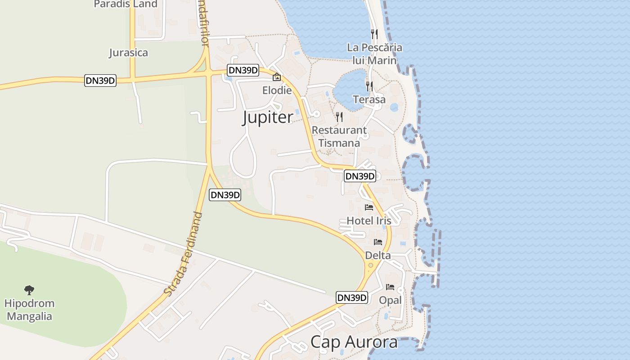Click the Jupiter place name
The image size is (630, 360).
click(x=268, y=117)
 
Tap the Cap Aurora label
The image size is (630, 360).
click(x=354, y=342)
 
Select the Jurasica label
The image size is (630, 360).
click(x=128, y=53)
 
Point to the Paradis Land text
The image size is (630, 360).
click(x=126, y=4)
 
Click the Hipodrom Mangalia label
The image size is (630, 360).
click(x=30, y=310)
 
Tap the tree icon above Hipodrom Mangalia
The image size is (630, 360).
click(x=29, y=290)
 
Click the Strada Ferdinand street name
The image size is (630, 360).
click(x=184, y=254)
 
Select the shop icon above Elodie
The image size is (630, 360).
click(x=277, y=77)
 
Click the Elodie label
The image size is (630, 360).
click(x=277, y=90)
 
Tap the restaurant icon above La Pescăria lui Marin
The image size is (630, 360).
click(x=374, y=34)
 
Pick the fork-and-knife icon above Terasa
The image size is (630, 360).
click(x=369, y=86)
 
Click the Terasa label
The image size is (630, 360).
click(x=369, y=99)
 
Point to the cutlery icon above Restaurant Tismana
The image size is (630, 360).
click(x=339, y=117)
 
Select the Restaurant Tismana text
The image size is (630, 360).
click(x=339, y=136)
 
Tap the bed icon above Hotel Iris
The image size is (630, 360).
click(x=369, y=207)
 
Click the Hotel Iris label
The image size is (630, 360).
click(x=369, y=220)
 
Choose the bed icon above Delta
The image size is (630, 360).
click(x=378, y=242)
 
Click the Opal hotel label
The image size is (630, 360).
click(x=390, y=300)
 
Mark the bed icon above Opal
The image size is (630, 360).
click(x=390, y=287)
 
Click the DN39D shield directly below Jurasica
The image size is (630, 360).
click(x=100, y=81)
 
